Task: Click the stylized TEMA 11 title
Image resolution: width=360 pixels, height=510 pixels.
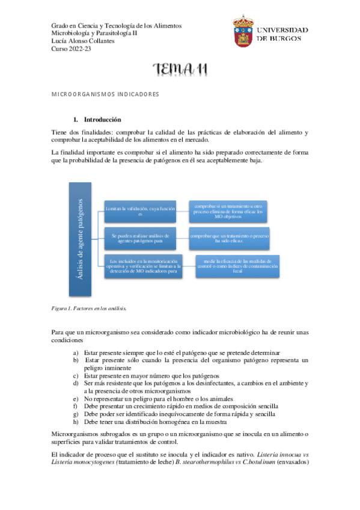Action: [x=180, y=70]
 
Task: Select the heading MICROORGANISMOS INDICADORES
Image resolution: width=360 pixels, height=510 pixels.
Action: [x=104, y=94]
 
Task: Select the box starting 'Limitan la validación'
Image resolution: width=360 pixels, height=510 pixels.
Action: [x=140, y=211]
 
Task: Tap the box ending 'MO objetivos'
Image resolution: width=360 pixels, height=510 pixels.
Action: [x=228, y=210]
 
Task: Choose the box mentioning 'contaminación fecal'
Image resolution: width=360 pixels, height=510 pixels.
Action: [x=237, y=266]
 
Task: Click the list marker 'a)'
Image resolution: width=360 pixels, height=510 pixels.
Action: [x=76, y=352]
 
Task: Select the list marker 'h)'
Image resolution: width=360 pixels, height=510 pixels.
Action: [x=76, y=422]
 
